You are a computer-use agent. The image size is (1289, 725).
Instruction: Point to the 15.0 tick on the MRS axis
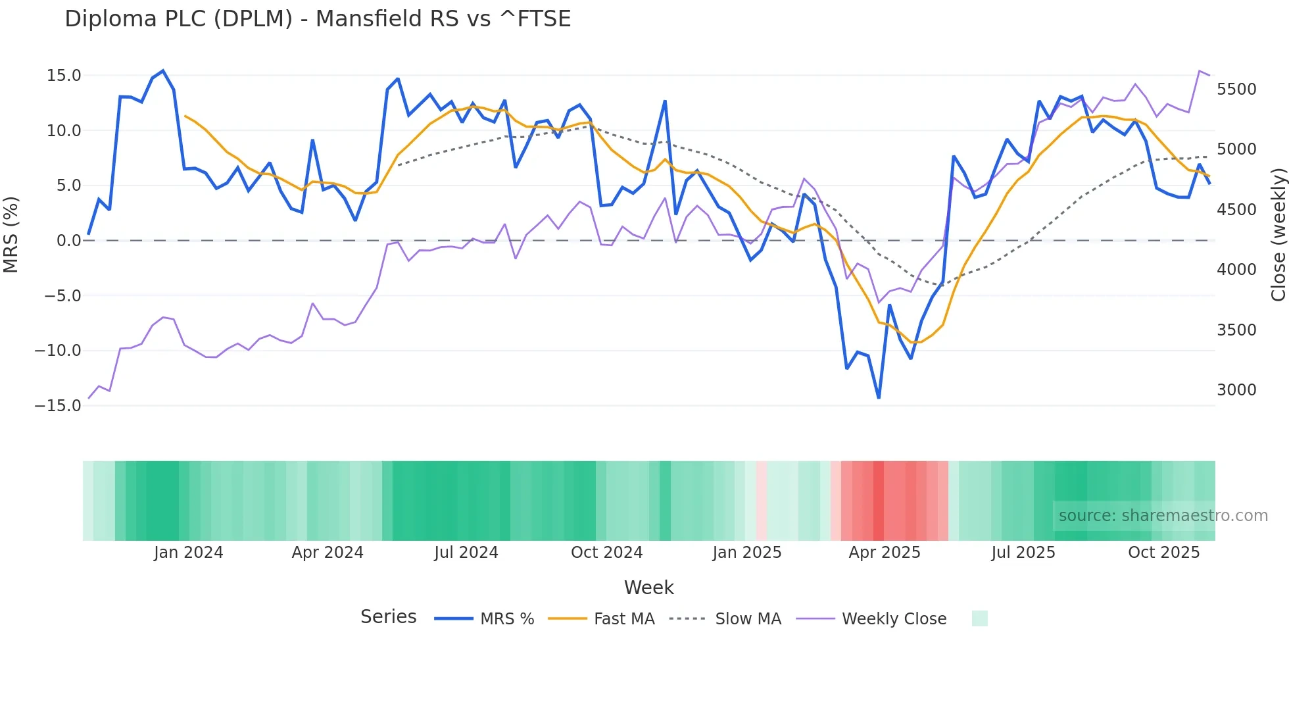pos(64,76)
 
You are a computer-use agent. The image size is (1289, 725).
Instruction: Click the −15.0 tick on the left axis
pos(58,405)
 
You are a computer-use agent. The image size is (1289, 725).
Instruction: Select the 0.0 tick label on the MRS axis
pos(68,241)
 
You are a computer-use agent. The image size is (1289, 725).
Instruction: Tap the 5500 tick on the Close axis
pos(1236,89)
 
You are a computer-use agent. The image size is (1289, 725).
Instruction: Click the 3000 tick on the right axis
pos(1236,390)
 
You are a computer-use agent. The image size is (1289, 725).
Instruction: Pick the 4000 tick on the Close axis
pos(1236,270)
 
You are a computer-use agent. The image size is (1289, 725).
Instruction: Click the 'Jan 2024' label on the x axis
pos(189,553)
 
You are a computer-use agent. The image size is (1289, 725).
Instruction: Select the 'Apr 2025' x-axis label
pos(885,553)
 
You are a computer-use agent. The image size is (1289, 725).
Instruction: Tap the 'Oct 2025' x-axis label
pos(1164,553)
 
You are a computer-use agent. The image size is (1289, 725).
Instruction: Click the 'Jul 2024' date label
pos(466,553)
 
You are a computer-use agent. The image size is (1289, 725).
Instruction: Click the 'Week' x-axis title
pos(648,587)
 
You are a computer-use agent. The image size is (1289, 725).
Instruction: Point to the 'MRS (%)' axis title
pos(11,234)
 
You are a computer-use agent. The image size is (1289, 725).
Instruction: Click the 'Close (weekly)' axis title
pos(1278,235)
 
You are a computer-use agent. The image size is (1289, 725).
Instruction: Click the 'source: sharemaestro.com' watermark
pos(1163,516)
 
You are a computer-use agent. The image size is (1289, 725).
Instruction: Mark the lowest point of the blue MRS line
pos(879,397)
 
